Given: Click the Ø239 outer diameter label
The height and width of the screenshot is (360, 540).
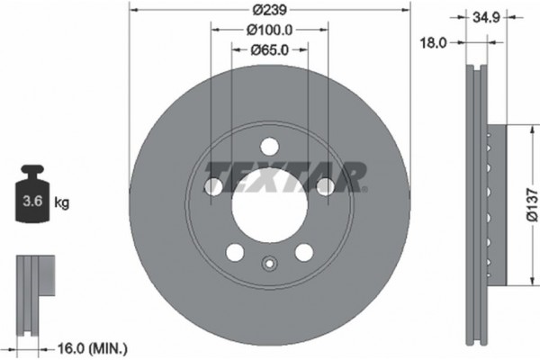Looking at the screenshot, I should click(x=269, y=10).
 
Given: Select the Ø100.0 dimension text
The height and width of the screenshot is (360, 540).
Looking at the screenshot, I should click(x=269, y=29).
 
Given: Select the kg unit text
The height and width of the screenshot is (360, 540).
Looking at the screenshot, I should click(x=61, y=203).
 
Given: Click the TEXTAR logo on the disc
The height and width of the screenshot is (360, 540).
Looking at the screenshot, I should click(x=286, y=176).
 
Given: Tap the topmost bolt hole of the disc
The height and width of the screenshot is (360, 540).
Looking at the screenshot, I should click(x=269, y=147).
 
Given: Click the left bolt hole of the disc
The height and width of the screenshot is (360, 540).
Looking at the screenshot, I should click(x=214, y=186).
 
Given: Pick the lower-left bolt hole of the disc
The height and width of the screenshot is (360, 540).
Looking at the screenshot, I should click(x=235, y=251).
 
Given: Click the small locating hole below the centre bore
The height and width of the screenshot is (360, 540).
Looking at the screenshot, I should click(x=269, y=264).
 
